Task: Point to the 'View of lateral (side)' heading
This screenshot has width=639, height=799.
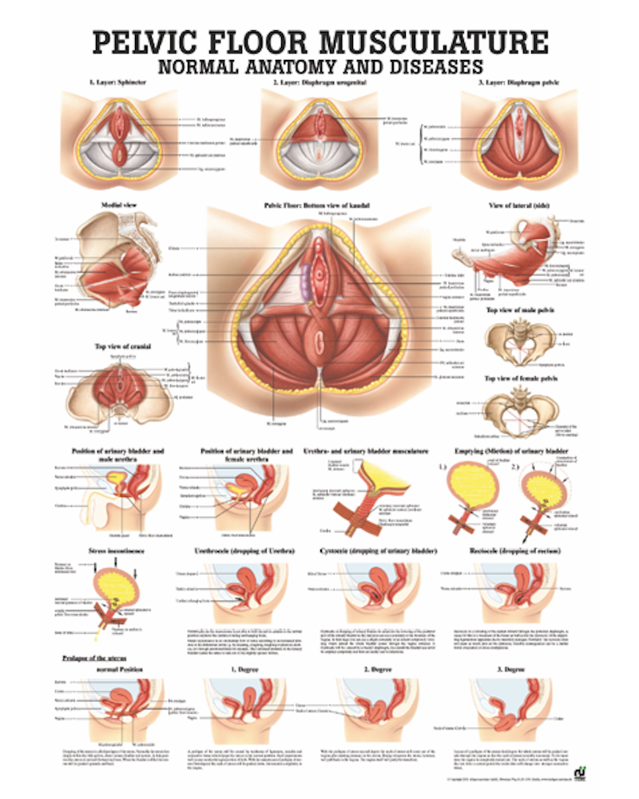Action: (x=520, y=205)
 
